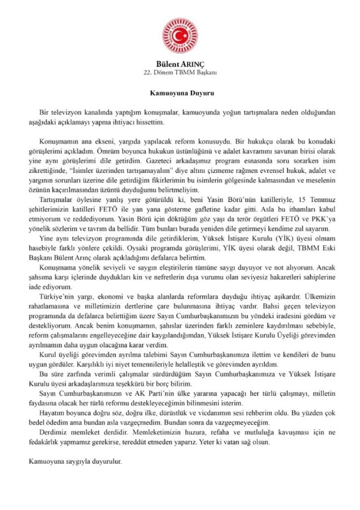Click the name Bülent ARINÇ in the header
180,64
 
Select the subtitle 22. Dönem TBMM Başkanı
180,72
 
